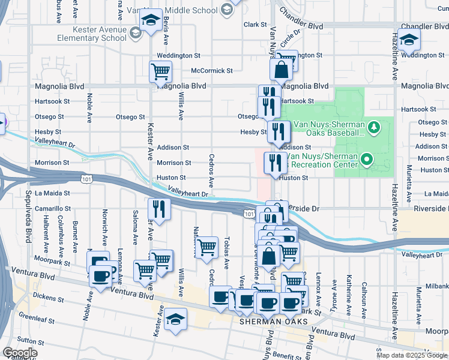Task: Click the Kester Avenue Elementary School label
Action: (100, 34)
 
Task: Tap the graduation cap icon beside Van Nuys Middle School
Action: (151, 20)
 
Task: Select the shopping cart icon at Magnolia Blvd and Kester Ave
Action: (160, 71)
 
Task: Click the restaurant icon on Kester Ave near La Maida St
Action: (159, 208)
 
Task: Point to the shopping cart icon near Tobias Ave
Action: (207, 246)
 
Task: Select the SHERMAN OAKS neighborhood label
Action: (274, 322)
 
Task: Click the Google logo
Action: (20, 353)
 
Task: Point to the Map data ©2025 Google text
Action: (411, 355)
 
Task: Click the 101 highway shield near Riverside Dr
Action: (249, 213)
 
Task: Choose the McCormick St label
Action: (211, 70)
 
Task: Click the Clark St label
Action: (255, 25)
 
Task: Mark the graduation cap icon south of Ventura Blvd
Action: (176, 319)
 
